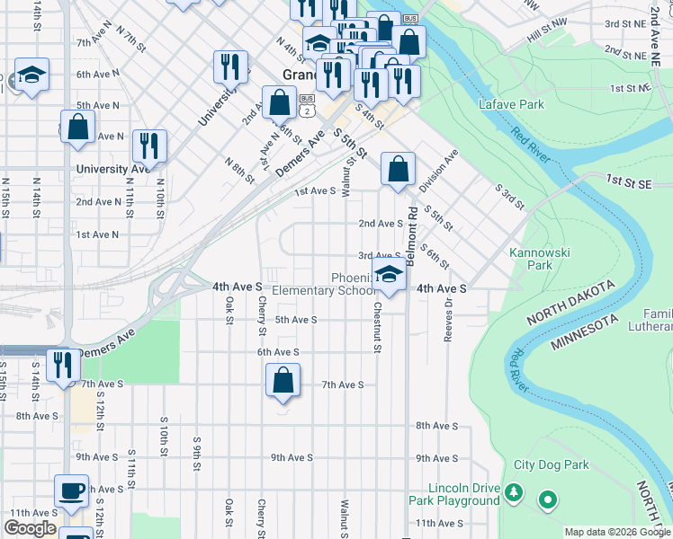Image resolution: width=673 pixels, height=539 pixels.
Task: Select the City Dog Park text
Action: pos(551,465)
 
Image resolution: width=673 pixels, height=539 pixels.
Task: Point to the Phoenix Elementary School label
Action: pos(325,284)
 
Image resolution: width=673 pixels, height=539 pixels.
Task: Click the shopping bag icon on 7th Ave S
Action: pos(283,380)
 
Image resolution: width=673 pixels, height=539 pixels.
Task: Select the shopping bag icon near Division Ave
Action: pos(398,168)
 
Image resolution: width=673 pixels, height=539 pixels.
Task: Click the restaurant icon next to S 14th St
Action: pos(62,365)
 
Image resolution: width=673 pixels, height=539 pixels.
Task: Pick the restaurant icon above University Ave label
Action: pos(149,146)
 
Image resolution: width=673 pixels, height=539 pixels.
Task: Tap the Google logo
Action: pos(30,528)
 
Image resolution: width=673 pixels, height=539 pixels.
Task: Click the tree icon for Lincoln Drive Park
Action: pos(513,492)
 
